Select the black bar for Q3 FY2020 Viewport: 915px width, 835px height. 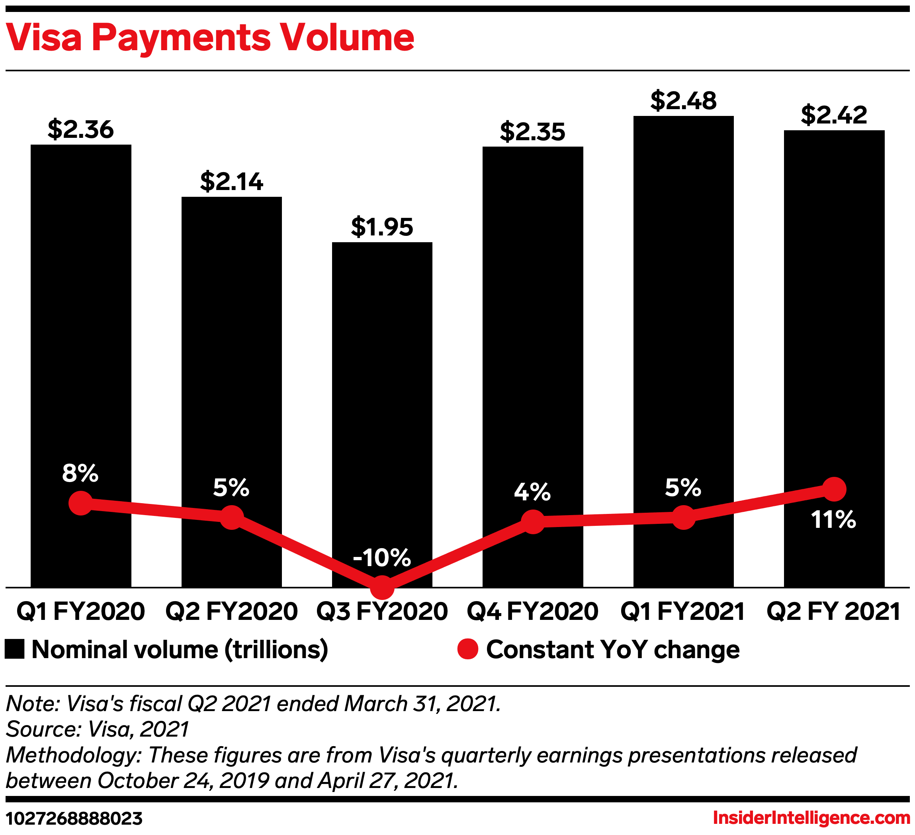pos(382,363)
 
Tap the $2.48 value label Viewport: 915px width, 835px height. pos(683,101)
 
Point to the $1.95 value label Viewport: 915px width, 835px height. pos(382,227)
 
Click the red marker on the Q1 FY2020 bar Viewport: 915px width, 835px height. pos(81,503)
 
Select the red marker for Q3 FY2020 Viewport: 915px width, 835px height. pos(382,588)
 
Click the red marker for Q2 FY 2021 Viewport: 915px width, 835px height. pos(834,489)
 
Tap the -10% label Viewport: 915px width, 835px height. pos(382,558)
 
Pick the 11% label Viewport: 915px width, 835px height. pos(833,520)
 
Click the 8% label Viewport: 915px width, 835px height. pos(80,474)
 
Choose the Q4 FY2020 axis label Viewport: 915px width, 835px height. pos(532,612)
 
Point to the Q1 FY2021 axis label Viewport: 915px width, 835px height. pos(682,612)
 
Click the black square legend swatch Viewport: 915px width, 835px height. pos(14,649)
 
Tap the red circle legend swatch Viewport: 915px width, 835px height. pos(467,649)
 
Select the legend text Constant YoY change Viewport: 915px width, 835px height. pos(613,649)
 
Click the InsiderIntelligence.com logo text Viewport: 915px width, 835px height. pos(811,818)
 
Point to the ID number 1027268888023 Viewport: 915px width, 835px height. pos(74,819)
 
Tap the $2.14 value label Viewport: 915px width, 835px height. pos(231,182)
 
